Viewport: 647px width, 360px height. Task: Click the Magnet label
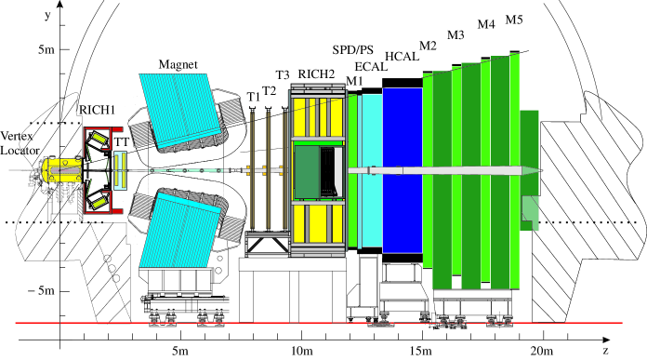point(178,65)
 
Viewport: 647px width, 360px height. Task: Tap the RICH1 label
point(97,110)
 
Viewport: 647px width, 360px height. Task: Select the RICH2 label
point(316,74)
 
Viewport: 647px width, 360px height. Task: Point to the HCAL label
point(402,57)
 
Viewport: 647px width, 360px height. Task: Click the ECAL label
point(371,66)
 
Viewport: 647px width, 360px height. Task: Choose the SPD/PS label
point(353,50)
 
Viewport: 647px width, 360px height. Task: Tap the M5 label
point(514,20)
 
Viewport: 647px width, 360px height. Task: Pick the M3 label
point(456,35)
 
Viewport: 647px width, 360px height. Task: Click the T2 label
point(269,91)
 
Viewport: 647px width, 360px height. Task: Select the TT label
point(121,142)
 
